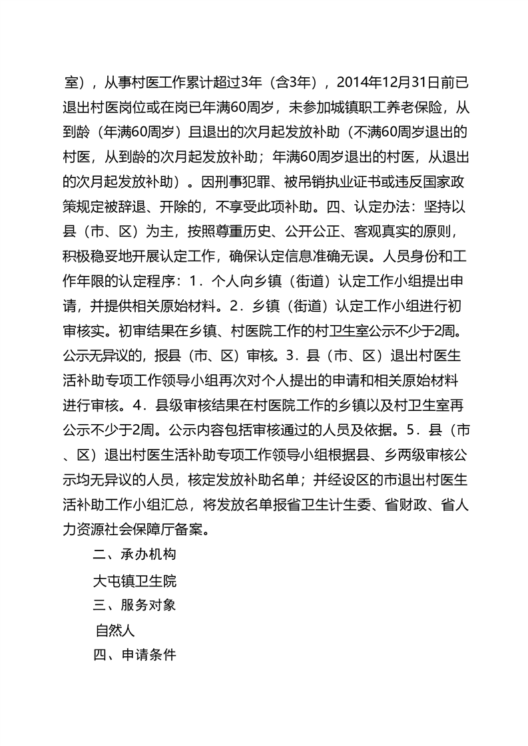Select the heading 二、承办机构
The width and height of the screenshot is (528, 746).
click(135, 555)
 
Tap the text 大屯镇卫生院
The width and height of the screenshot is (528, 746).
click(135, 580)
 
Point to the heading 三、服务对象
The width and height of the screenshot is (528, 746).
click(135, 605)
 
